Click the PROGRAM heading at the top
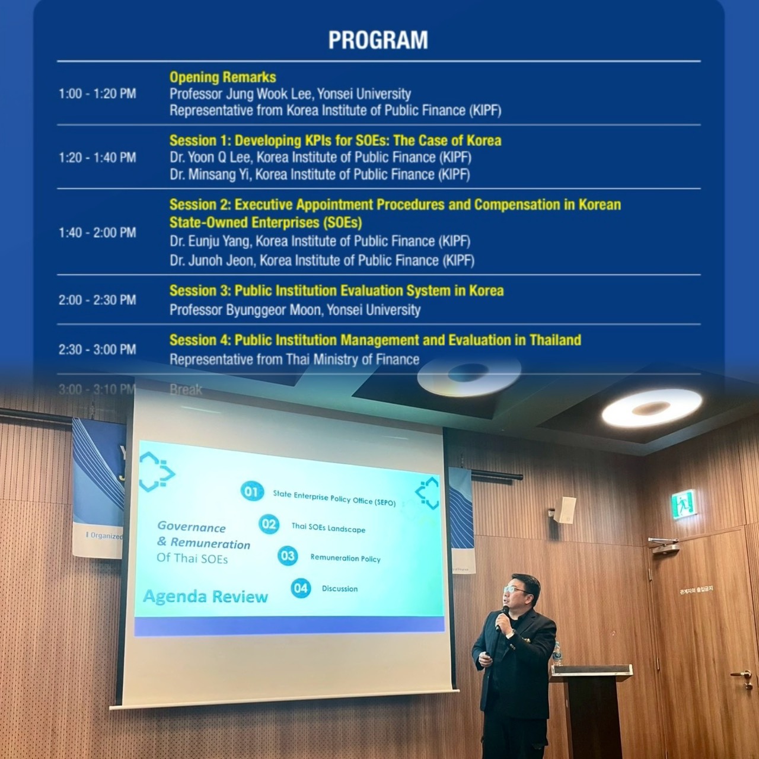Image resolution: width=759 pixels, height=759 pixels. [x=378, y=40]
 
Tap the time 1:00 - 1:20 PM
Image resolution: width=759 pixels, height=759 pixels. [x=97, y=94]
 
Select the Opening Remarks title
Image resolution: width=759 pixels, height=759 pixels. [x=222, y=77]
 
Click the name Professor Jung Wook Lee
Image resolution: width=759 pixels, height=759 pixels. [x=290, y=94]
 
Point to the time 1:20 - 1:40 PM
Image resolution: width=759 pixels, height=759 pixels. [x=97, y=158]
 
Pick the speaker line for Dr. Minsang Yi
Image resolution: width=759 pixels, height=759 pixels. [x=320, y=175]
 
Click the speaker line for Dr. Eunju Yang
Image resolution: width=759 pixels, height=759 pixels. [x=320, y=241]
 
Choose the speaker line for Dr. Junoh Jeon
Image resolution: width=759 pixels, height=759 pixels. [x=321, y=260]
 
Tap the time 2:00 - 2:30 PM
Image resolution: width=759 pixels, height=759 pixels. [x=97, y=300]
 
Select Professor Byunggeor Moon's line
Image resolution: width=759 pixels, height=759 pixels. [x=295, y=310]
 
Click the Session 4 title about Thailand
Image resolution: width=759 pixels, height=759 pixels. [x=375, y=340]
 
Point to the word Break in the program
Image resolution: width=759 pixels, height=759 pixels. [x=186, y=390]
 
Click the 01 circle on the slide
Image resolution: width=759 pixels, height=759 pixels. [x=252, y=492]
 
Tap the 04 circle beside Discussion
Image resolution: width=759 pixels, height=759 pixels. [x=301, y=588]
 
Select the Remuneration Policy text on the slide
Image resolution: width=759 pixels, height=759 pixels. [x=345, y=558]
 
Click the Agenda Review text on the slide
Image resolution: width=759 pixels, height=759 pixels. [x=206, y=597]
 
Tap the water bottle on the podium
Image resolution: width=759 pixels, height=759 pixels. [x=557, y=653]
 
